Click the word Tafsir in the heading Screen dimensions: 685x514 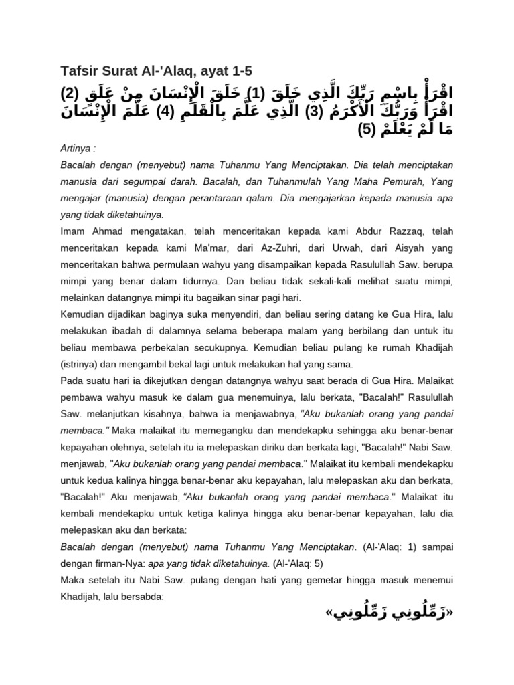[x=78, y=70]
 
